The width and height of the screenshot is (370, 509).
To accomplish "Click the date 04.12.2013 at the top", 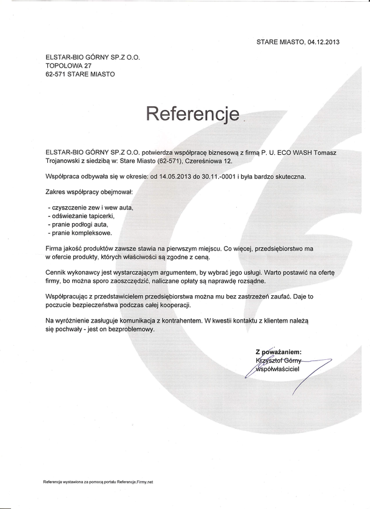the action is (x=323, y=42).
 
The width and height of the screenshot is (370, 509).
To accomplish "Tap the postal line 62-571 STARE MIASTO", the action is (x=80, y=73).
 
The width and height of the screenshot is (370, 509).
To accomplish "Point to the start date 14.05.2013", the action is (x=176, y=176).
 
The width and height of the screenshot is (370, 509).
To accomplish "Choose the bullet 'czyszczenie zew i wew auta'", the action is (x=91, y=206).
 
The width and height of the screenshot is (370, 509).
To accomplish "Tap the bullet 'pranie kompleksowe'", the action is (x=80, y=232).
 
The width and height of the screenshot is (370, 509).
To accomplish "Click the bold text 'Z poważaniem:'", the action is (x=278, y=352).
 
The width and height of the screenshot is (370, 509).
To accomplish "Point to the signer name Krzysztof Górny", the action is (x=279, y=360).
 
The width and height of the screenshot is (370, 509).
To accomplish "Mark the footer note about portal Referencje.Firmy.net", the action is (x=98, y=482).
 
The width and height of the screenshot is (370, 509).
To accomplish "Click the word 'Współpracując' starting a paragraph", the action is (x=68, y=296).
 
